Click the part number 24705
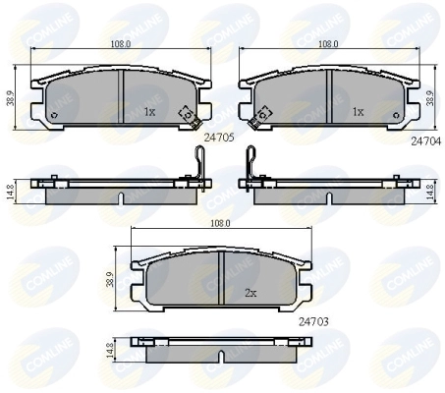pos(219,138)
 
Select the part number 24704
pos(426,141)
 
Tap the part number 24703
pos(313,322)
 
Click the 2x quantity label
pos(250,293)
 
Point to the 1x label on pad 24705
pos(149,112)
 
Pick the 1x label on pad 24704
pos(359,112)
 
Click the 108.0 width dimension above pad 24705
pos(121,44)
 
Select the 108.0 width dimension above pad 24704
pos(328,44)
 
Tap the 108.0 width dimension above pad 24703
pos(220,223)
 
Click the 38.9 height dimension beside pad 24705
pos(10,98)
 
